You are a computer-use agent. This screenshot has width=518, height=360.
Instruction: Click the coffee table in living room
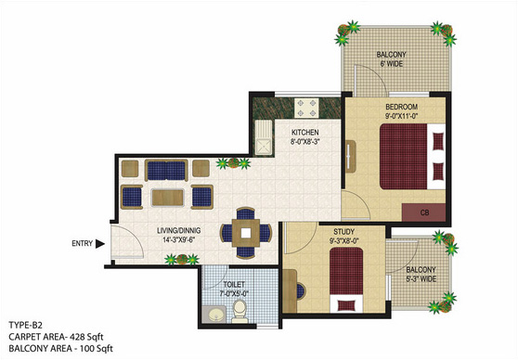click(x=167, y=198)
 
